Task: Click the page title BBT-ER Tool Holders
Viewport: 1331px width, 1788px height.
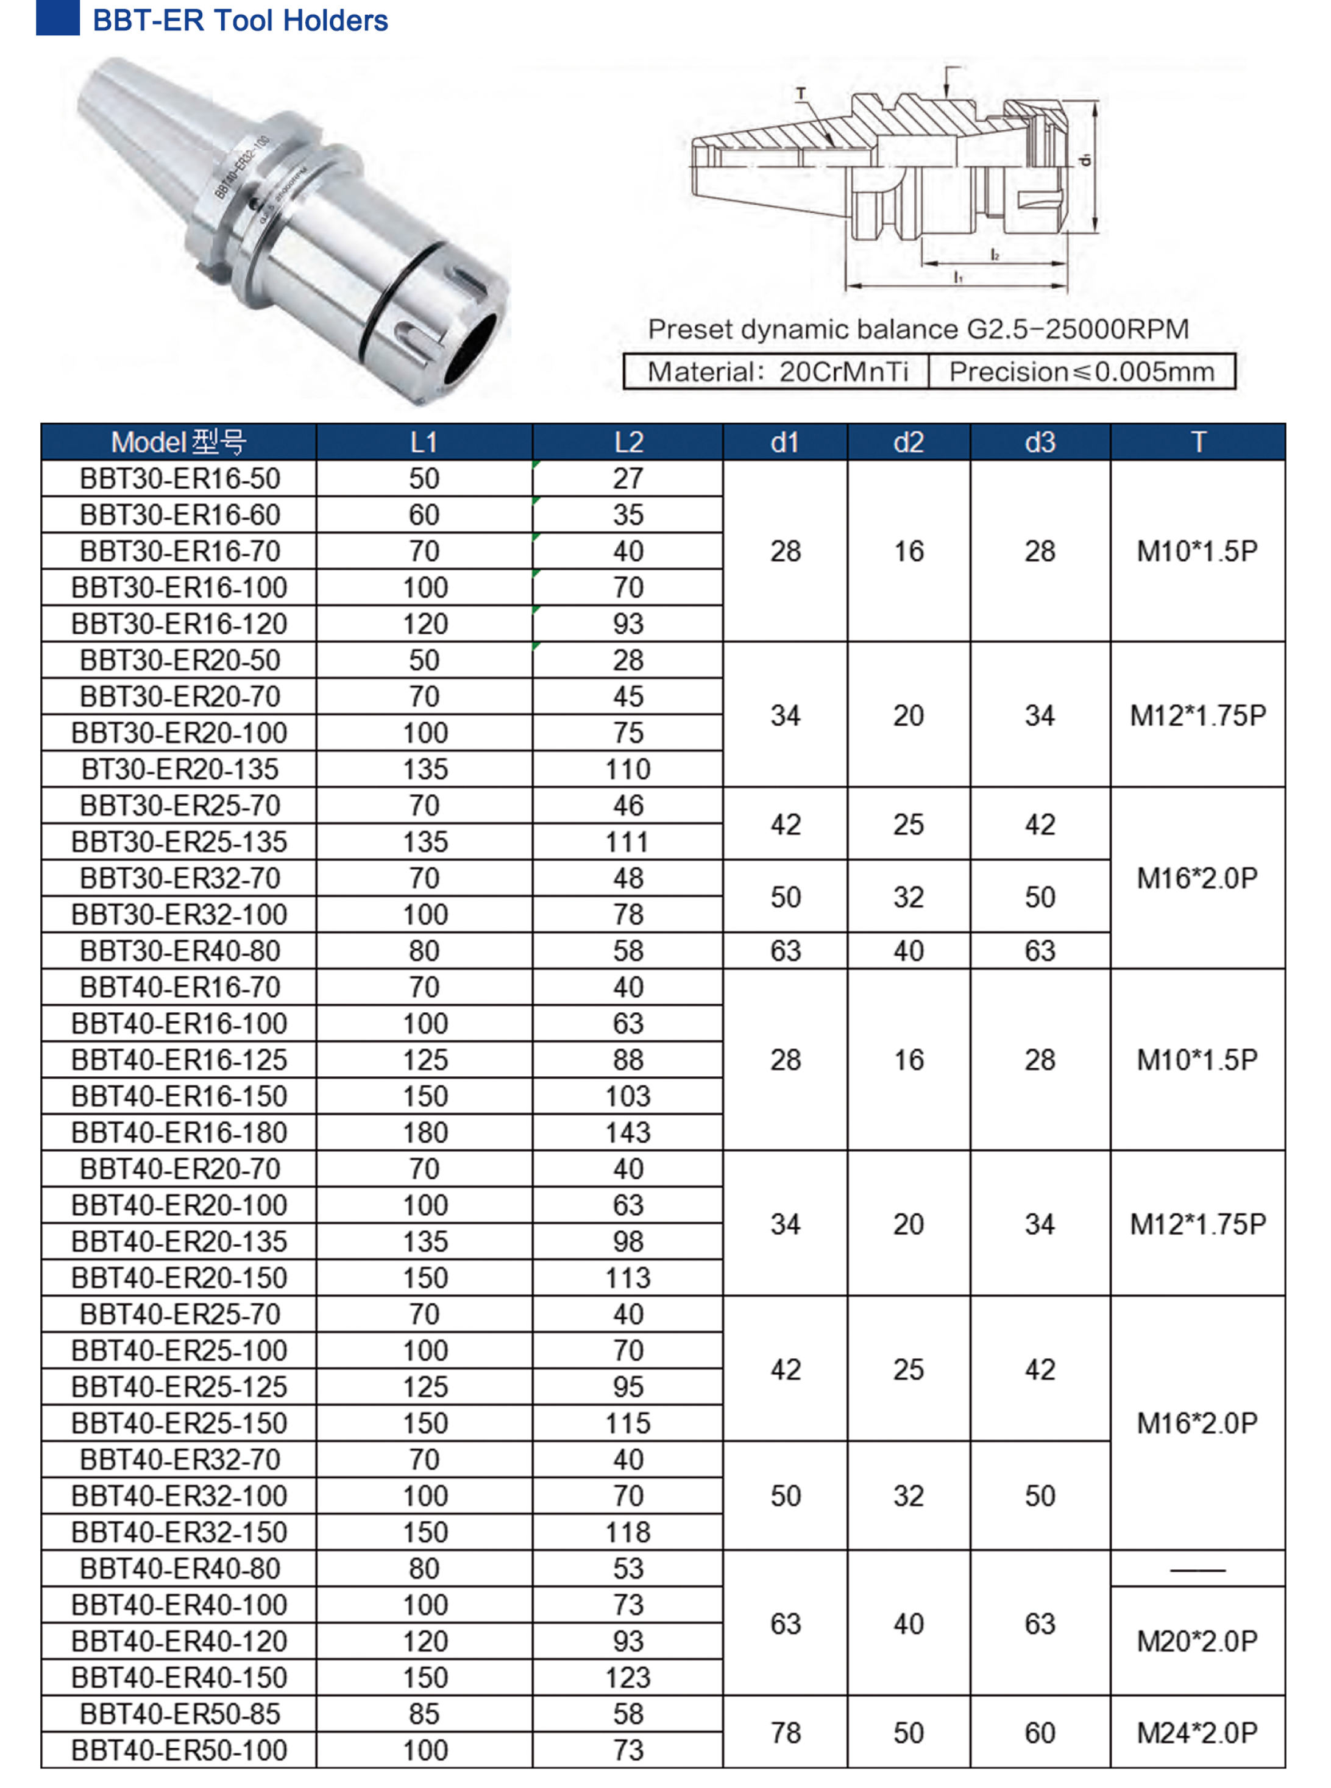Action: point(240,20)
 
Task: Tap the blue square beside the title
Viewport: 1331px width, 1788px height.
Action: point(57,17)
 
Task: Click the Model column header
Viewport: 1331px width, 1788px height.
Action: point(178,442)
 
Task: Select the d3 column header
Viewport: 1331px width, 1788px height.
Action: point(1039,442)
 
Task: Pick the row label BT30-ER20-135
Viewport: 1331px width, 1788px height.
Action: point(180,768)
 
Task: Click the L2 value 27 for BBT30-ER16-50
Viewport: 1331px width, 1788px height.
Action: point(628,478)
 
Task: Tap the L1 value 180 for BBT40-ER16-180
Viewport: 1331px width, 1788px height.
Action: point(425,1132)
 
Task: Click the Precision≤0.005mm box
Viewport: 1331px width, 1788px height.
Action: point(1081,372)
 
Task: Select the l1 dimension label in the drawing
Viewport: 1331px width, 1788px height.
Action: point(958,277)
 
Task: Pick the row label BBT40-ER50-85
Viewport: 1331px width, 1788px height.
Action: point(180,1713)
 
